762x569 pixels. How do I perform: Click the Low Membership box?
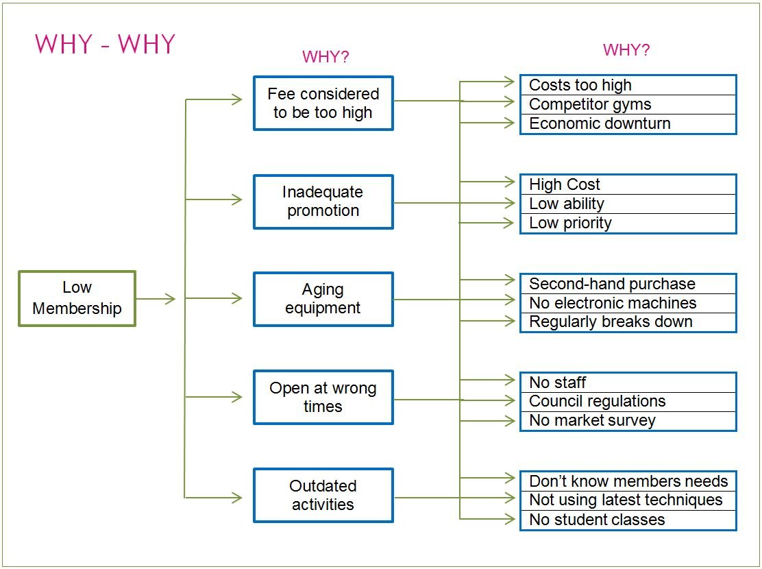[x=77, y=298]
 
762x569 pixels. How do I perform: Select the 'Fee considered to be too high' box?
[x=323, y=103]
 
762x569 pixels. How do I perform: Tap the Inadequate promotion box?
[x=323, y=202]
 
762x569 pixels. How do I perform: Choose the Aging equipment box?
[x=323, y=299]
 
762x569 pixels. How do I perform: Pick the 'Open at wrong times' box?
[x=323, y=398]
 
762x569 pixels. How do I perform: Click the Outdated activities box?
[x=323, y=496]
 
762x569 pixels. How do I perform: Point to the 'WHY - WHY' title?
[x=105, y=45]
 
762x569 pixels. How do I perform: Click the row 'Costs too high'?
[x=628, y=85]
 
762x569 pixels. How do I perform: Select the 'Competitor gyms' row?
[x=628, y=104]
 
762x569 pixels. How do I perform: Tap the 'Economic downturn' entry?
[x=628, y=123]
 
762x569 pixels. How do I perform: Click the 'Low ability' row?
[x=628, y=204]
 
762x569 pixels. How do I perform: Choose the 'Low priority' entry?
[x=628, y=223]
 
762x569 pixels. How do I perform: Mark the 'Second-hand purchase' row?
[x=628, y=284]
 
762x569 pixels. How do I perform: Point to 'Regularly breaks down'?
[x=628, y=322]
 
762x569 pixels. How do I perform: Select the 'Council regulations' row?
[x=628, y=401]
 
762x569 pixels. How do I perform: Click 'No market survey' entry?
[x=628, y=420]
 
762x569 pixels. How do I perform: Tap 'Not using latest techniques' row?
[x=628, y=500]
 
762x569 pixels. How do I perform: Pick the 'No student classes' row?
[x=628, y=520]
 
